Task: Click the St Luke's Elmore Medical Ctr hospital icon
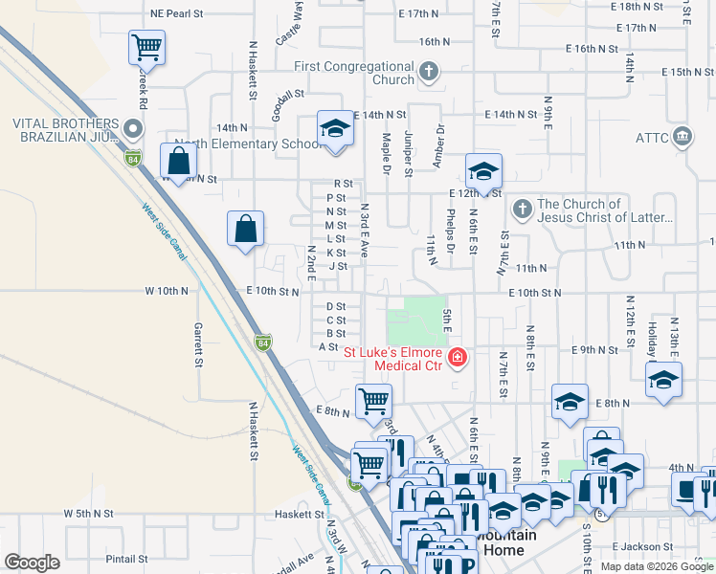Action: click(458, 358)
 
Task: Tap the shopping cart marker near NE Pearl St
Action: click(146, 46)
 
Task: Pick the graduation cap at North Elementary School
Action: click(334, 129)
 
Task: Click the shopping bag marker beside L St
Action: click(246, 230)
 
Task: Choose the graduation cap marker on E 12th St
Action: click(483, 172)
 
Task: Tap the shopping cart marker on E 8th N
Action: click(373, 400)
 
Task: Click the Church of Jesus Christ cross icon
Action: click(522, 208)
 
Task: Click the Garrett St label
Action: click(199, 345)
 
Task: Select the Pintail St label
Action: click(126, 559)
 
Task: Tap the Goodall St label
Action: click(285, 95)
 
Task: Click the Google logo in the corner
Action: click(32, 563)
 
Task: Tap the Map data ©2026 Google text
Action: click(657, 566)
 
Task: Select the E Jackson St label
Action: click(671, 546)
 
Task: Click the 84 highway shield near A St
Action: click(263, 342)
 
